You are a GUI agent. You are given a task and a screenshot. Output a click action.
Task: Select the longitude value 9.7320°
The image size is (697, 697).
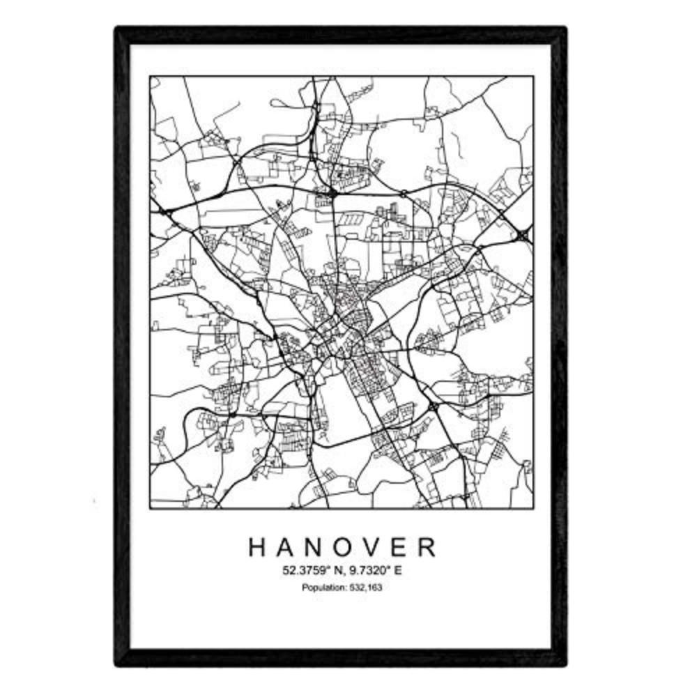(365, 571)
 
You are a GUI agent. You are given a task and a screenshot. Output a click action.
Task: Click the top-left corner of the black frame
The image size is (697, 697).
(117, 29)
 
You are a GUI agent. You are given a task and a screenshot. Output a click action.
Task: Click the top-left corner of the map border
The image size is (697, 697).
(150, 76)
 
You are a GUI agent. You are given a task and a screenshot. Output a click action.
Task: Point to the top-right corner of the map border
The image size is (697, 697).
(534, 76)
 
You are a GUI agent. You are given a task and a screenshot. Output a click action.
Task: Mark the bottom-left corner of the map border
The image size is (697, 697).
(150, 508)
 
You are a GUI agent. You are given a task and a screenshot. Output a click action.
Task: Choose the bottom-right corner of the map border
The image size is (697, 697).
(534, 508)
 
